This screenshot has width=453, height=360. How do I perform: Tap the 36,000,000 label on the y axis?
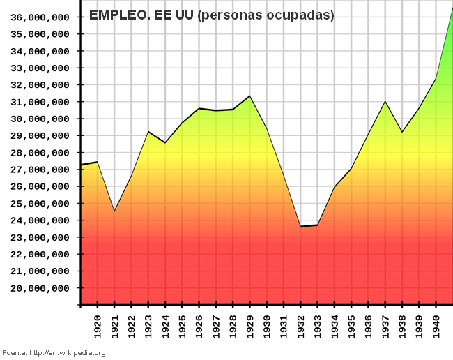pos(40,17)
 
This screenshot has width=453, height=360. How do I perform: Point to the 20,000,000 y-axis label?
pos(40,288)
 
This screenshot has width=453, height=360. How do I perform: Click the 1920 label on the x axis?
pos(98,326)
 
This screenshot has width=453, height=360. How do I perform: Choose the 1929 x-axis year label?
pos(249,326)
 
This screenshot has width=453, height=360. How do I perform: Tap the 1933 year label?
pos(317,326)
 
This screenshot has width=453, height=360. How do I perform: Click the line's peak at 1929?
pos(249,96)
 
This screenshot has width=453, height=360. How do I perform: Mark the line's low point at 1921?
pos(114,211)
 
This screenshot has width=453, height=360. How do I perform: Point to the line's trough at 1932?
pos(300,226)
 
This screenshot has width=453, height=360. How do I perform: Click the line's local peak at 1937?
pos(385,101)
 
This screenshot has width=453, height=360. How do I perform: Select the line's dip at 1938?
pos(401,132)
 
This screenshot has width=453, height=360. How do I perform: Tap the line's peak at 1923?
pos(148,131)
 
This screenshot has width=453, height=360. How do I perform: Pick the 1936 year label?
pos(368,326)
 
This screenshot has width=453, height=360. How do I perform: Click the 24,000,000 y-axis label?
pos(40,220)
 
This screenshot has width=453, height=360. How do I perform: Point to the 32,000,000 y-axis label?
pos(40,85)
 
